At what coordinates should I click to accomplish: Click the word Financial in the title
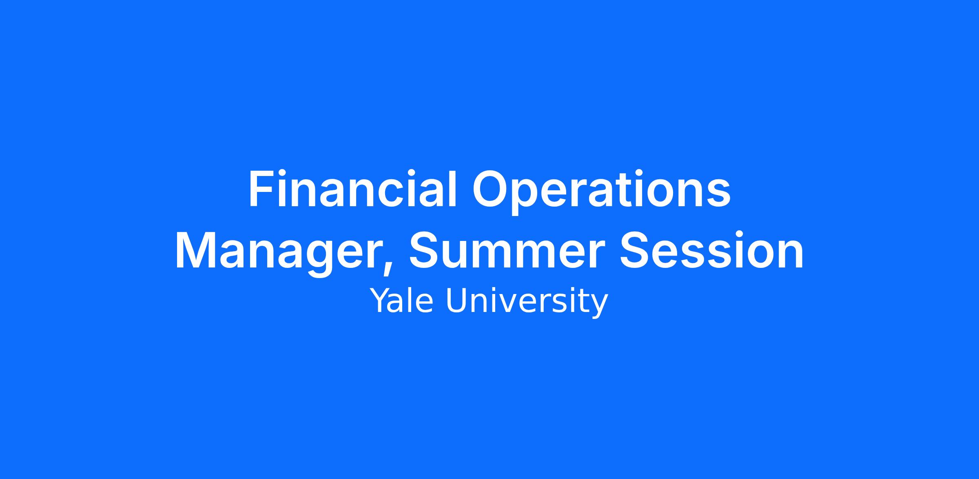352,189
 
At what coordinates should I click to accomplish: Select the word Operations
601,192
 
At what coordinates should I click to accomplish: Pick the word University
527,303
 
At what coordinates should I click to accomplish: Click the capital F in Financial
261,189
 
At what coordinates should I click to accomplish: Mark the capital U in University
456,301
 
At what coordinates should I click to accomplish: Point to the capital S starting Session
635,250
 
